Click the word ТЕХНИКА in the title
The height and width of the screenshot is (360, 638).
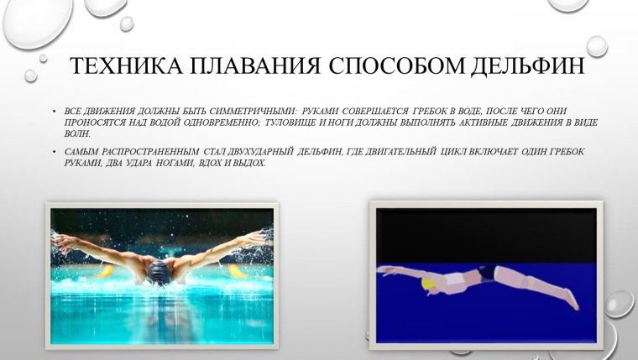[112, 66]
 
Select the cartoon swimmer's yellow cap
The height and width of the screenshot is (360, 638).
[429, 286]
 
